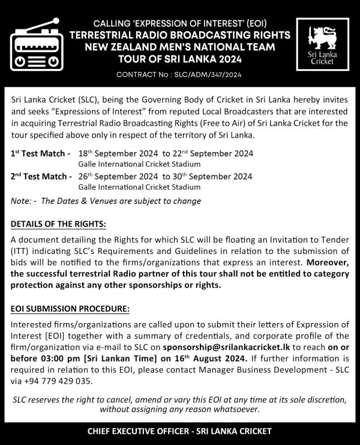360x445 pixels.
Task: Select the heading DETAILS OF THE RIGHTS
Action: [x=58, y=225]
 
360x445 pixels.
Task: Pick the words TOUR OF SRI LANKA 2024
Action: [x=179, y=58]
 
